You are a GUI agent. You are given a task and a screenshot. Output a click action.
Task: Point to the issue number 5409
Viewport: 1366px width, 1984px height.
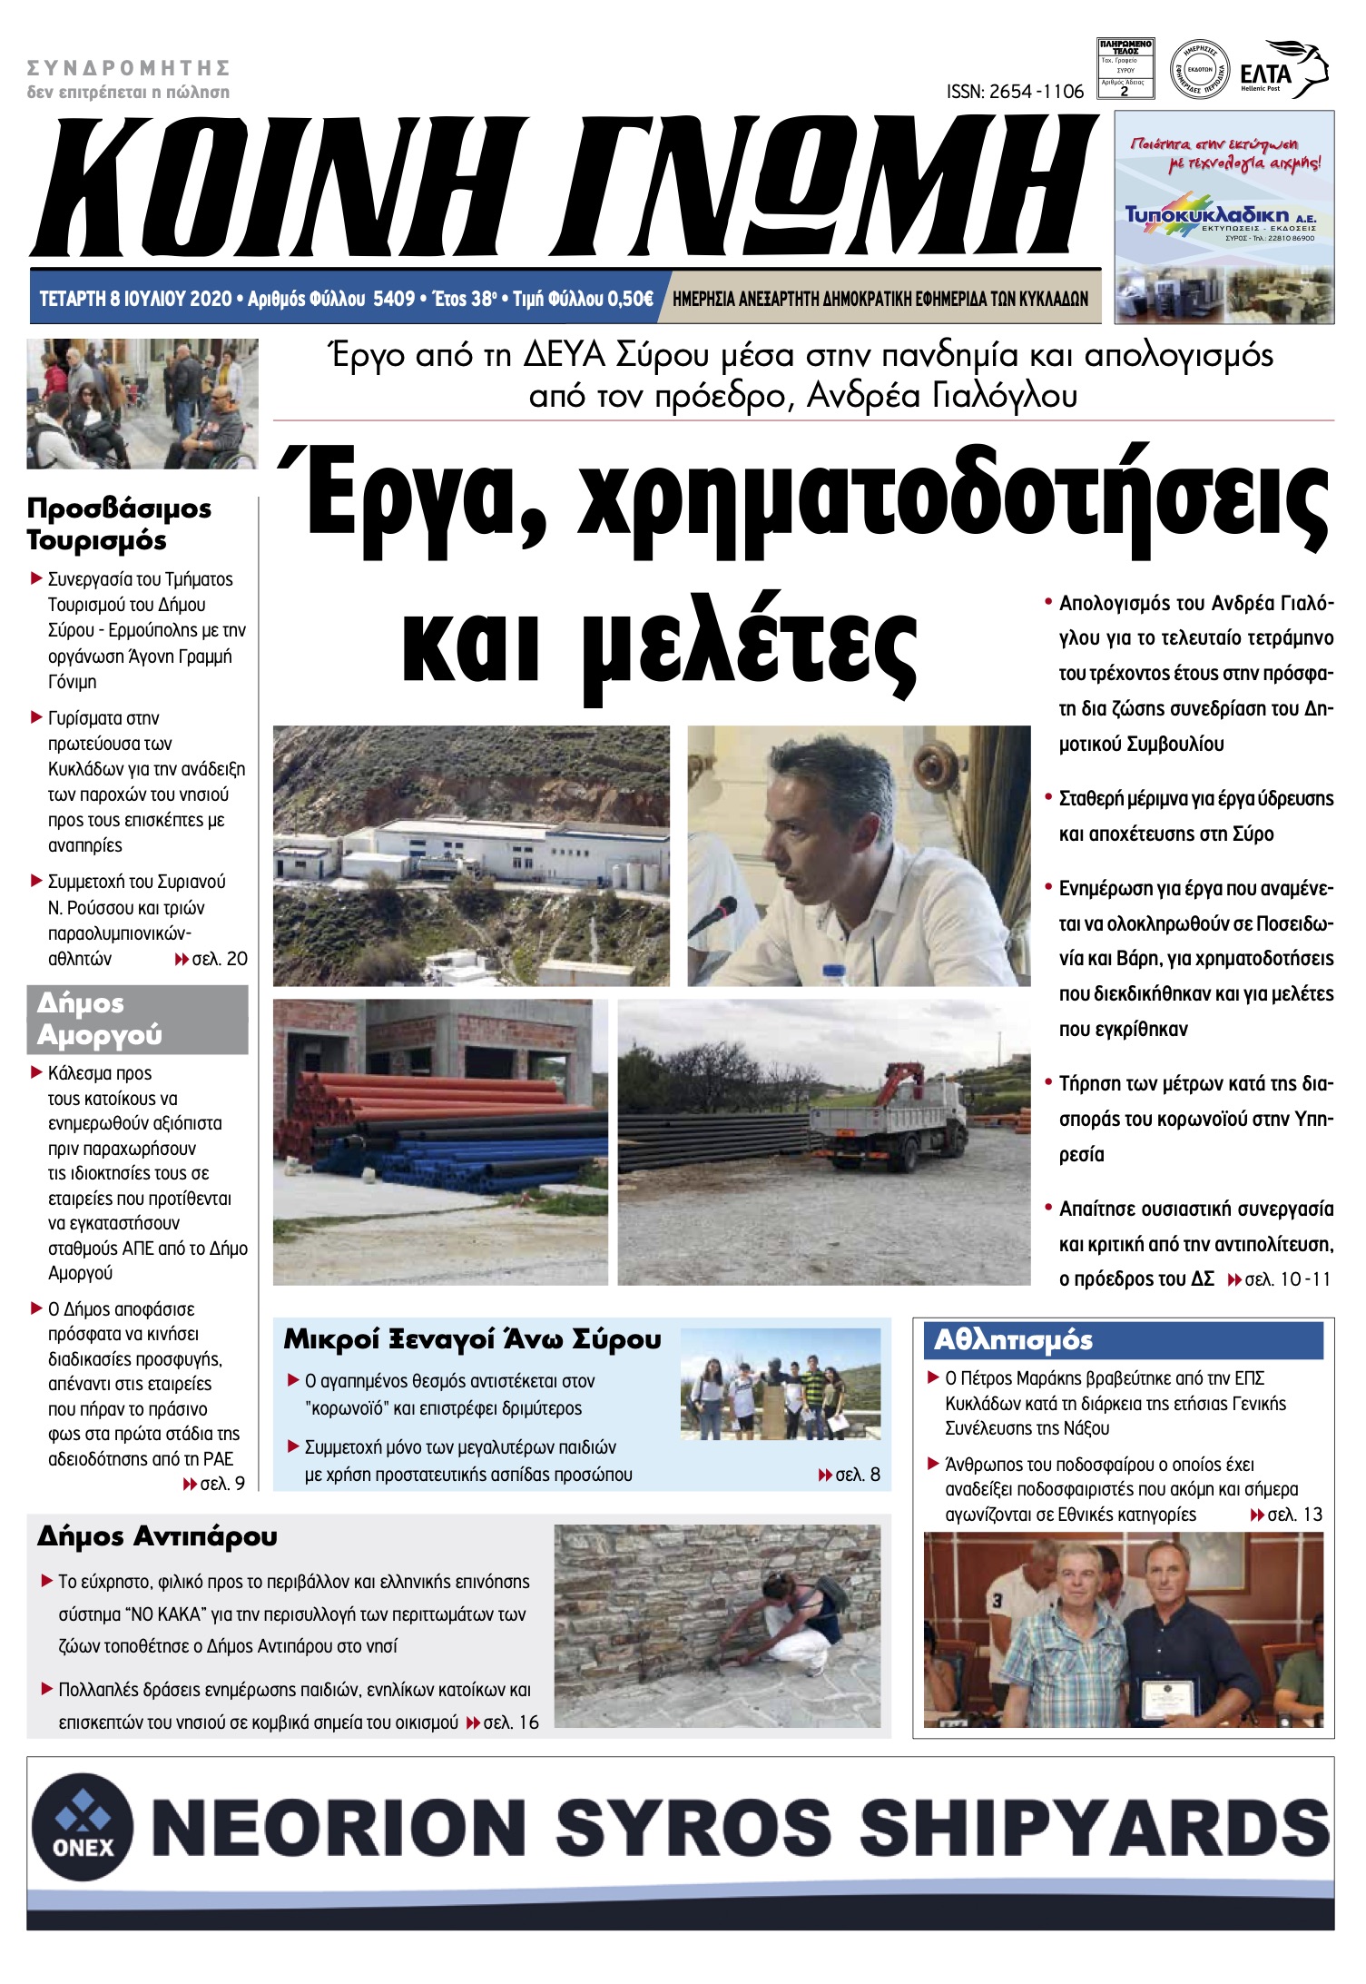pos(394,299)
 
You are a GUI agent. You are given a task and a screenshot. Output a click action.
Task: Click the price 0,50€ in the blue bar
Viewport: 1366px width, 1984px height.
pos(629,299)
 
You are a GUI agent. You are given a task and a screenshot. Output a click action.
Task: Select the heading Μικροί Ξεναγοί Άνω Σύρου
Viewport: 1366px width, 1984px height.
pos(472,1339)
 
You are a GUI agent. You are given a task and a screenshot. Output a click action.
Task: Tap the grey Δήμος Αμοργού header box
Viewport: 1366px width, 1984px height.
pos(137,1019)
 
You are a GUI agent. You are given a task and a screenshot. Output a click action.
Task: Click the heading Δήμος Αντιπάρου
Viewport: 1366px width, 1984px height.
pos(157,1536)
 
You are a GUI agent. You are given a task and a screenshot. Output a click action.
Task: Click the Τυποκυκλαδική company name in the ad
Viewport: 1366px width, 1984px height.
pos(1207,214)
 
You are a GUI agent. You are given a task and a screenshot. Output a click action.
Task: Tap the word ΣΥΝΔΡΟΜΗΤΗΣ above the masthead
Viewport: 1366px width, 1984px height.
pos(128,68)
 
